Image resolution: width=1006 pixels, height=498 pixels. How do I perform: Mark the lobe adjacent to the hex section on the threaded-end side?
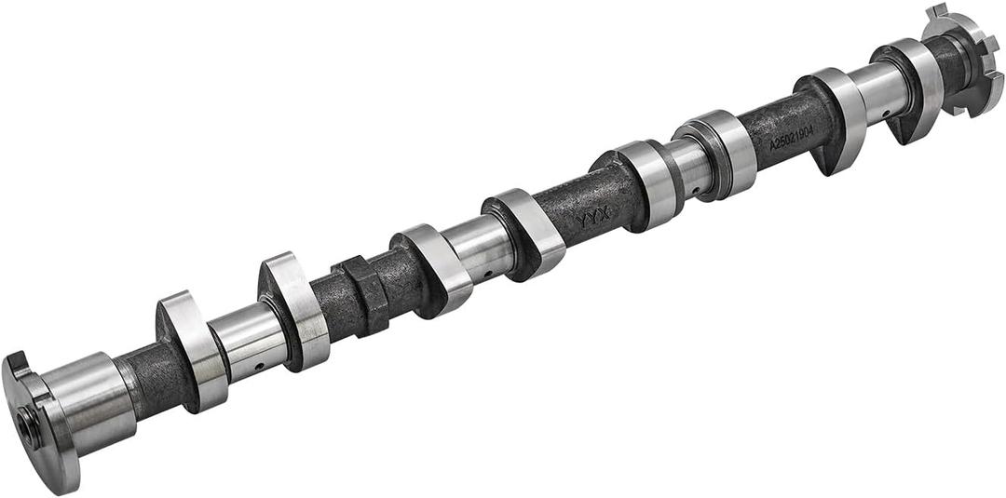click(296, 312)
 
